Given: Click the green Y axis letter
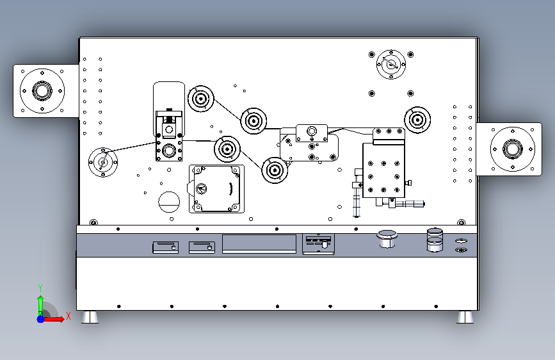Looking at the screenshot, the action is pyautogui.click(x=40, y=288).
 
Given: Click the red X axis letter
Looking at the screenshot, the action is pyautogui.click(x=68, y=316).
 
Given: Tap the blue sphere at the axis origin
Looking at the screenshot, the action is pyautogui.click(x=41, y=319).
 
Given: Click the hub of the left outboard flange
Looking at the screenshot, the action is pyautogui.click(x=42, y=91).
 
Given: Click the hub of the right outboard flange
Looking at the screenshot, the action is pyautogui.click(x=513, y=149).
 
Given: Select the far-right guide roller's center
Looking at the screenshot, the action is pyautogui.click(x=417, y=120).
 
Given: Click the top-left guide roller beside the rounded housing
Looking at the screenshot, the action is pyautogui.click(x=201, y=99).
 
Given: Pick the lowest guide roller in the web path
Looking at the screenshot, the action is pyautogui.click(x=275, y=170).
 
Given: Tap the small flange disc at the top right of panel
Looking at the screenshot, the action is pyautogui.click(x=391, y=65).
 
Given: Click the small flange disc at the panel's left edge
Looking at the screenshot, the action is pyautogui.click(x=103, y=162).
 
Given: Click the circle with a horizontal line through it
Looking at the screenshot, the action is pyautogui.click(x=169, y=202).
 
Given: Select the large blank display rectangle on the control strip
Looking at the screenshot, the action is pyautogui.click(x=259, y=243).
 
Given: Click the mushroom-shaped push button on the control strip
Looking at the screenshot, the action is pyautogui.click(x=387, y=238).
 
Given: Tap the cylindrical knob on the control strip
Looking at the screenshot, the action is pyautogui.click(x=435, y=240).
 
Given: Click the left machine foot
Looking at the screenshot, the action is pyautogui.click(x=90, y=317).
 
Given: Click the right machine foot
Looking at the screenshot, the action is pyautogui.click(x=465, y=317).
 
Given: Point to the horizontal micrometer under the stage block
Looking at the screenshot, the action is pyautogui.click(x=410, y=204).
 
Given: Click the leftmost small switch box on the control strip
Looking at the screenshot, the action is pyautogui.click(x=165, y=247).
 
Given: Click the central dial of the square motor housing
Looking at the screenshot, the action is pyautogui.click(x=202, y=188).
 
